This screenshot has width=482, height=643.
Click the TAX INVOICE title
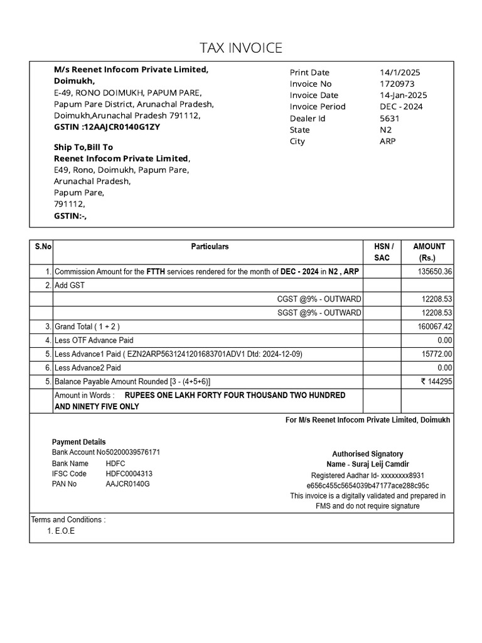[x=241, y=48]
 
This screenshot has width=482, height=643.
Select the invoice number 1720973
[x=396, y=84]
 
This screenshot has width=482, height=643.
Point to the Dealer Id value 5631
[x=389, y=118]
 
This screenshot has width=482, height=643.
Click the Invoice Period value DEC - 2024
[x=401, y=107]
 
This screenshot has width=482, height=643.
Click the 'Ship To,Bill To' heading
[x=83, y=147]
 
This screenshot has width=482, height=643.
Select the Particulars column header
[x=210, y=247]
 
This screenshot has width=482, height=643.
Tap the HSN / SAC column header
[x=383, y=252]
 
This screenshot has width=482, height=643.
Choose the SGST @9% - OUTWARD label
[x=319, y=313]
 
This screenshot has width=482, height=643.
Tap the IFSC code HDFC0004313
[x=129, y=473]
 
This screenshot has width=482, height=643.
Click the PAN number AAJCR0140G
[x=127, y=484]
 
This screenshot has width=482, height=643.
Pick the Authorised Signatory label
[x=367, y=454]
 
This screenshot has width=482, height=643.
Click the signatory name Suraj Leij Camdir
[x=367, y=465]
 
